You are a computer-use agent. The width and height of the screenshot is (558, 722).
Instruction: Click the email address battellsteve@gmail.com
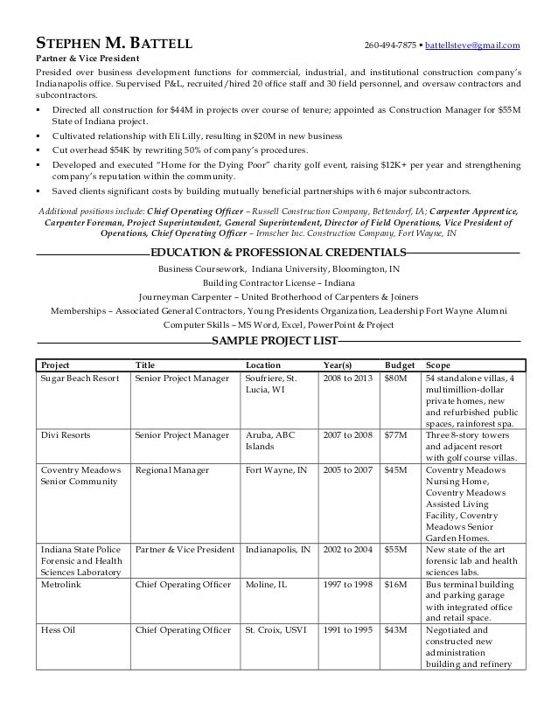[472, 45]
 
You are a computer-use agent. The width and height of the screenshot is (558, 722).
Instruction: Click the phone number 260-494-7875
[390, 45]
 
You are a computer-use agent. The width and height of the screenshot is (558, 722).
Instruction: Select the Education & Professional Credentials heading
[278, 253]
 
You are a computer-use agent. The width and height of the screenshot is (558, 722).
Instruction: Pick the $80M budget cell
[395, 378]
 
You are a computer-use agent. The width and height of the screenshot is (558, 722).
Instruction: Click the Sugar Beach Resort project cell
[79, 378]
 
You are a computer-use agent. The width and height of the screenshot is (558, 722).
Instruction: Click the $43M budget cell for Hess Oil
[395, 630]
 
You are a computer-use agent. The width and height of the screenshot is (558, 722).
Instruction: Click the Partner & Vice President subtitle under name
[80, 59]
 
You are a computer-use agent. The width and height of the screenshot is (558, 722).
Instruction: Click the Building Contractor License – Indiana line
[278, 283]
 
